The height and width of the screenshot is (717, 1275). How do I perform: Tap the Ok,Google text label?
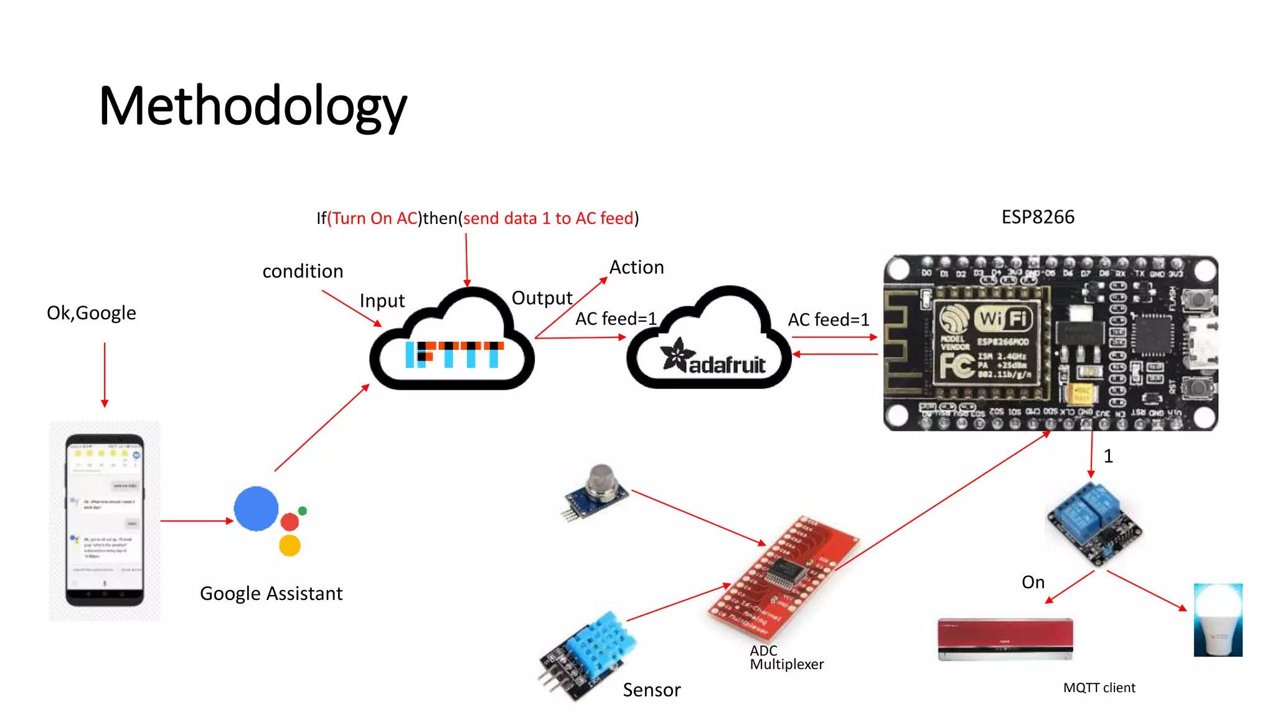coord(92,313)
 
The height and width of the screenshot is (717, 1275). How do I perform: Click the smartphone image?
coord(105,520)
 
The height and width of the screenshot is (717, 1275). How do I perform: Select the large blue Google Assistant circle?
coord(256,508)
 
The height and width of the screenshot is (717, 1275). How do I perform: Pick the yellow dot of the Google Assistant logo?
coord(289,546)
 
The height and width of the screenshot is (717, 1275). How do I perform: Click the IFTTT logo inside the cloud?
coord(454,354)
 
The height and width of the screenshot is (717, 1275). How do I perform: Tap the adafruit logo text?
coord(726,365)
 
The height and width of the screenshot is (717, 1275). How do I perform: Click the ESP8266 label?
coord(1037,217)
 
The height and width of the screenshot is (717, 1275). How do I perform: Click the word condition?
coord(303,271)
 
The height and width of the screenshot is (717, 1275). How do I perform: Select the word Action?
coord(636,268)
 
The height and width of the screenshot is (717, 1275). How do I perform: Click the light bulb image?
coord(1218,620)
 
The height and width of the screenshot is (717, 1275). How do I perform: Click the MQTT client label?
coord(1099,688)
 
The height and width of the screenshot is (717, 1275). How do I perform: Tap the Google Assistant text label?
coord(271,594)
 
